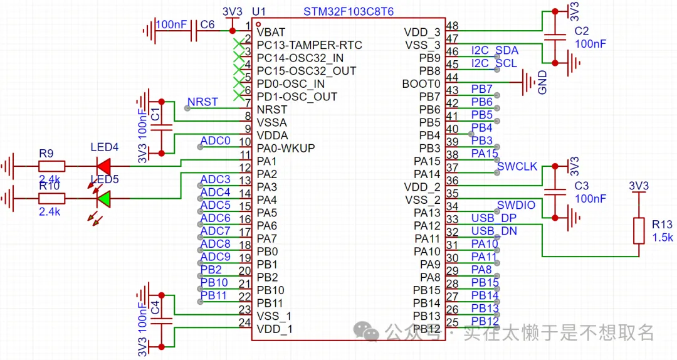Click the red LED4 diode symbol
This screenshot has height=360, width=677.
tap(103, 166)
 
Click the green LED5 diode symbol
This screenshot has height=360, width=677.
tap(103, 199)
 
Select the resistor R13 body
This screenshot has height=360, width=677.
tap(639, 231)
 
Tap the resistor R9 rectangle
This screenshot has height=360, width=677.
tap(50, 166)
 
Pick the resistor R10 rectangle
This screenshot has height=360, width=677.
tap(50, 199)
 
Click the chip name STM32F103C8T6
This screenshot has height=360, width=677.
tap(349, 12)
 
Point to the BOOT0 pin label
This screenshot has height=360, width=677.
tap(422, 83)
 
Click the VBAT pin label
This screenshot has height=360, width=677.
tap(271, 32)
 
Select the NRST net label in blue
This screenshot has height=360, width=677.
tap(202, 102)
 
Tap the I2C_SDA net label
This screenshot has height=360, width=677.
tap(495, 50)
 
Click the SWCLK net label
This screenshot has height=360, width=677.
tap(517, 166)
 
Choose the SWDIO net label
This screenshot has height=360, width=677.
tap(516, 205)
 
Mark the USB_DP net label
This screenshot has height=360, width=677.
tap(495, 218)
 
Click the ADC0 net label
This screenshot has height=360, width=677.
tap(216, 140)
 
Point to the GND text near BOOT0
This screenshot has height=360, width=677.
tap(543, 83)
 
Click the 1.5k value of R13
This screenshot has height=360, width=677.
tap(662, 238)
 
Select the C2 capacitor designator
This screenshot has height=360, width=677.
tap(582, 31)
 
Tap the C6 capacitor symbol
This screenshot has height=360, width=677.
tap(193, 30)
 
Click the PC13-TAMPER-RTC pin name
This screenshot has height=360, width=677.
tap(309, 45)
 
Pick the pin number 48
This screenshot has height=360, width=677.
tap(452, 26)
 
